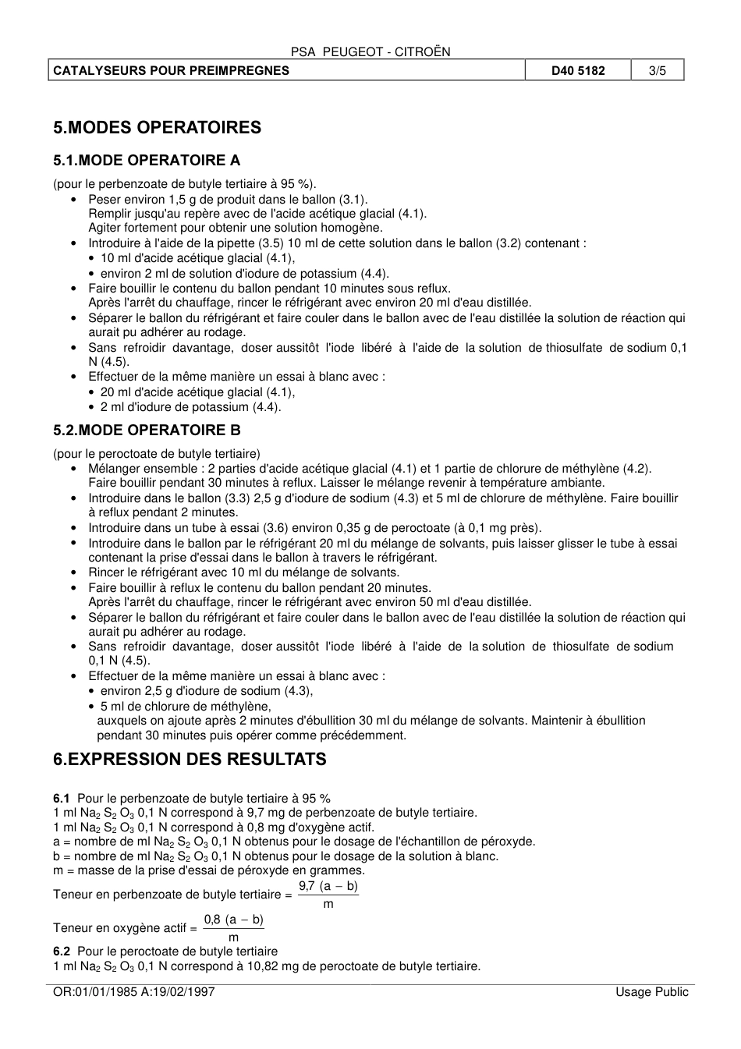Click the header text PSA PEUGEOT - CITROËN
[370, 51]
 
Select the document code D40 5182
[578, 70]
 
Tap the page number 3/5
[658, 70]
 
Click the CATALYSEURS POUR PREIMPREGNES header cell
[171, 70]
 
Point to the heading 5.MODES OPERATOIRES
[158, 128]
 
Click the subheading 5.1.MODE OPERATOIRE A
[147, 161]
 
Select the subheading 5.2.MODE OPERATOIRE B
[147, 431]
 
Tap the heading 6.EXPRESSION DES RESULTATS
[190, 760]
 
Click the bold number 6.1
[61, 799]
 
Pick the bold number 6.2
[61, 952]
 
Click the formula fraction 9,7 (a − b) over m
[328, 895]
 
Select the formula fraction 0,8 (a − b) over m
[233, 928]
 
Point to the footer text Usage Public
[651, 992]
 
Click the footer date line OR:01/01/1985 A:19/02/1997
[133, 992]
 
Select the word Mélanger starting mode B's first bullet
[113, 469]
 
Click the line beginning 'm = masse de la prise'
[208, 870]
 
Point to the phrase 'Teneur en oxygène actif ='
[125, 928]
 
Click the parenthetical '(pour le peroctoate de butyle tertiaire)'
[157, 454]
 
